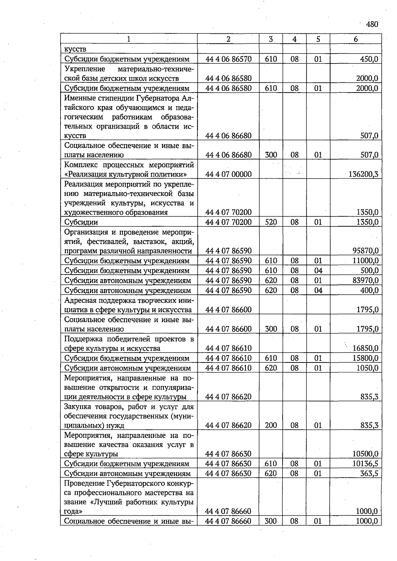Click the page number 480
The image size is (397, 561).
[x=372, y=24]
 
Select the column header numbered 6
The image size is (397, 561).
[x=356, y=39]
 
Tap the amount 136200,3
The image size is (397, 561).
[x=364, y=174]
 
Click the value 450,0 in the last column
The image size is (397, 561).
[x=369, y=59]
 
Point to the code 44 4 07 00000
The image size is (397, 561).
[x=228, y=174]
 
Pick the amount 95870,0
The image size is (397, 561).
[x=366, y=251]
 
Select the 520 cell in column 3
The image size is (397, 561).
[x=271, y=222]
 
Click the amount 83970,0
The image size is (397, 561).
[x=366, y=280]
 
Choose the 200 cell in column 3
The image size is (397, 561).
[x=271, y=425]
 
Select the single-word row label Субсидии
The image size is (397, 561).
[x=81, y=222]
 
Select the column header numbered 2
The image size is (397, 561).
[x=228, y=39]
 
